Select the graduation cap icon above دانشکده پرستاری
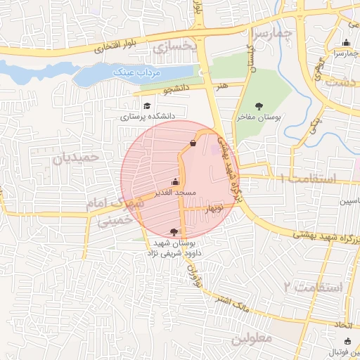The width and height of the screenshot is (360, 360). [147, 105]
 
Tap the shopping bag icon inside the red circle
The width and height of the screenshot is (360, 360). [193, 143]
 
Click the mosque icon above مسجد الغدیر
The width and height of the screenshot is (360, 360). [175, 181]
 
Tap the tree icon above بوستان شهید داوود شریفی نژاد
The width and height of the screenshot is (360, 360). [174, 231]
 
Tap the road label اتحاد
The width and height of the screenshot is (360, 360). [341, 325]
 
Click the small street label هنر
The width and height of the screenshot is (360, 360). [224, 85]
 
